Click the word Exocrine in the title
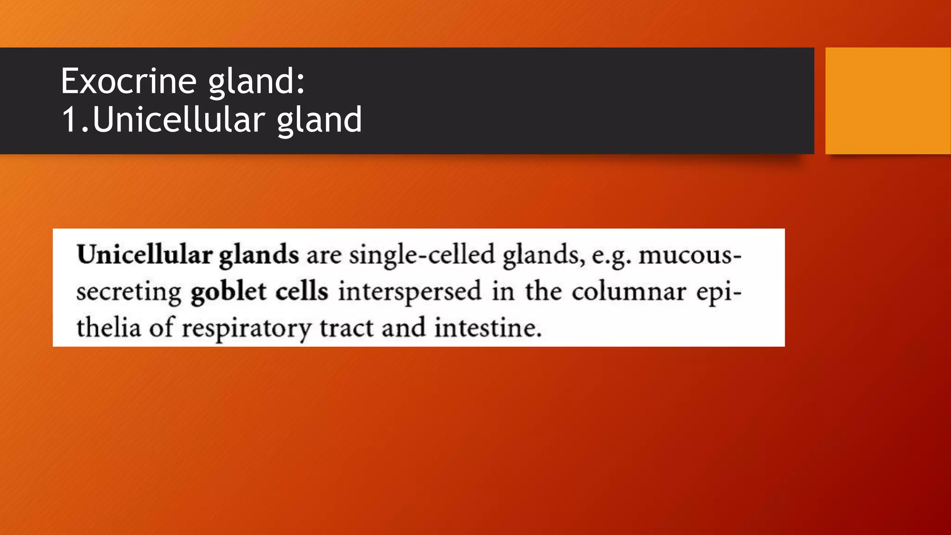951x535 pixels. [x=129, y=81]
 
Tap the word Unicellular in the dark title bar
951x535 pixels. [x=178, y=120]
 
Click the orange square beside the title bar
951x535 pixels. [x=887, y=100]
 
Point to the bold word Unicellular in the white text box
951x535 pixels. [x=144, y=255]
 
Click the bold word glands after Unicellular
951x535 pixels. [x=259, y=256]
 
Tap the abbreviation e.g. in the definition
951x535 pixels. [x=611, y=256]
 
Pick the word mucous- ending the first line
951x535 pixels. [x=690, y=256]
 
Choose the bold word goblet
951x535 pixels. [x=228, y=292]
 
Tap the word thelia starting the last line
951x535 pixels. [x=108, y=328]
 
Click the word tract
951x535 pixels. [x=346, y=328]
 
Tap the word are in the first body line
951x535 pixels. [x=324, y=256]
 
